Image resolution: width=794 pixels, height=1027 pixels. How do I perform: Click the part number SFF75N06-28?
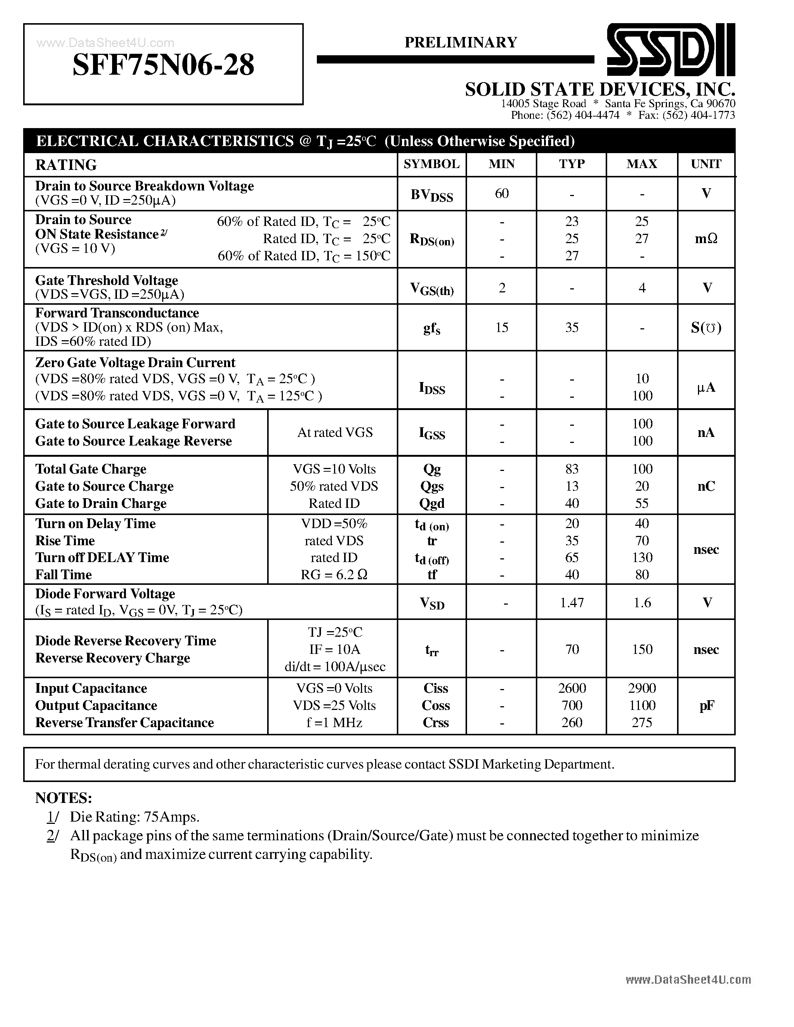tap(163, 65)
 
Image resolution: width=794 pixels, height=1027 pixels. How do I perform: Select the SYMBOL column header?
tap(431, 164)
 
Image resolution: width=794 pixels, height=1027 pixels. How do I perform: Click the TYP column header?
tap(572, 164)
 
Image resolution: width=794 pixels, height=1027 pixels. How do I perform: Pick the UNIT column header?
tap(705, 164)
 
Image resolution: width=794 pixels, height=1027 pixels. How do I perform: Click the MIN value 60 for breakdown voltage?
tap(501, 193)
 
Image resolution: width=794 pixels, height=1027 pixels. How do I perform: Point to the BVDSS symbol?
tap(431, 195)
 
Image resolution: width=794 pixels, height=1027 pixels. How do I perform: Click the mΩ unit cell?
tap(705, 239)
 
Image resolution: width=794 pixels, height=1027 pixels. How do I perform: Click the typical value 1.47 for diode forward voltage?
tap(572, 602)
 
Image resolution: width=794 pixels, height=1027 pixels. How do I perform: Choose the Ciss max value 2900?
tap(642, 688)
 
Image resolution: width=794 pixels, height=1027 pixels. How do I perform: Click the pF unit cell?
tap(705, 705)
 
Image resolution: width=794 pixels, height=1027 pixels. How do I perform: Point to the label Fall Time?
tap(64, 575)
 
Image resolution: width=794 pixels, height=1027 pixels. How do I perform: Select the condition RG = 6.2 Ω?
tap(334, 575)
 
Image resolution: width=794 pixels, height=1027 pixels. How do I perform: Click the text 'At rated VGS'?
tap(334, 432)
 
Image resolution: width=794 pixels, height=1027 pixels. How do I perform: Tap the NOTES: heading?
tap(64, 798)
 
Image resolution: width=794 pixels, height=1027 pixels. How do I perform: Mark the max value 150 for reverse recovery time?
tap(642, 649)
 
